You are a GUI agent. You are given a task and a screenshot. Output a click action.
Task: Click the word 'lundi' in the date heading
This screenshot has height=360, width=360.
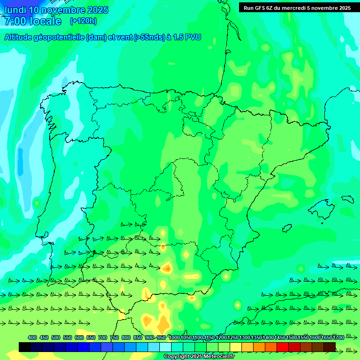pyautogui.click(x=15, y=10)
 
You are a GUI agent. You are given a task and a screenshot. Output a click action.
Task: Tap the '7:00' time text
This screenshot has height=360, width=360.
pyautogui.click(x=15, y=22)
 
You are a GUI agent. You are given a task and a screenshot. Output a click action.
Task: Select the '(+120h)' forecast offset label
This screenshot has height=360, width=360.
pyautogui.click(x=83, y=21)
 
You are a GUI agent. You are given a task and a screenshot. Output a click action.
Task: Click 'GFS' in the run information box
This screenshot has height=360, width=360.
pyautogui.click(x=261, y=8)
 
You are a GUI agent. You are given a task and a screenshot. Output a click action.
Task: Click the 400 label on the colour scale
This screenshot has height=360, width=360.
pyautogui.click(x=32, y=337)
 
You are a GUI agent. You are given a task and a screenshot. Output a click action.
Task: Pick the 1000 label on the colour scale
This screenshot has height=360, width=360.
pyautogui.click(x=174, y=337)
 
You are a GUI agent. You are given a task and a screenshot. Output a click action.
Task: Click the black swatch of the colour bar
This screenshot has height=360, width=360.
pyautogui.click(x=25, y=347)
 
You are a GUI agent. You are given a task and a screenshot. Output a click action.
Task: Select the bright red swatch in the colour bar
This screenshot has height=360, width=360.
pyautogui.click(x=283, y=347)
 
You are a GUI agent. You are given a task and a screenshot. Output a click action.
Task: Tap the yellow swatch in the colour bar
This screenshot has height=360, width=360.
pyautogui.click(x=236, y=347)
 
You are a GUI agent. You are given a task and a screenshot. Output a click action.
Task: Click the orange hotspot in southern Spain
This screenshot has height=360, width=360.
pyautogui.click(x=167, y=269)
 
